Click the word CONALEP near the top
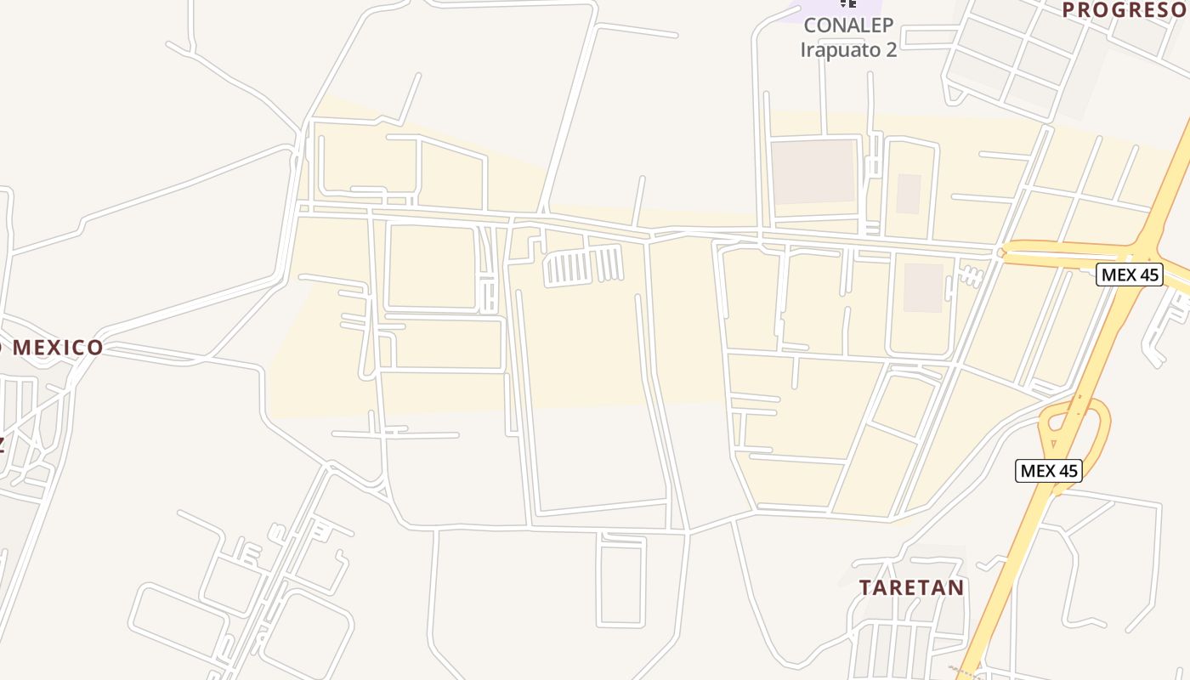pyautogui.click(x=847, y=25)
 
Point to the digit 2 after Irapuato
pyautogui.click(x=890, y=49)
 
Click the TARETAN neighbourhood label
pyautogui.click(x=911, y=587)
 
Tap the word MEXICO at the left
pyautogui.click(x=58, y=347)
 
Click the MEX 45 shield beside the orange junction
pyautogui.click(x=1129, y=275)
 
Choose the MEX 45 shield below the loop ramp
pyautogui.click(x=1049, y=471)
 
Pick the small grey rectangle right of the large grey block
pyautogui.click(x=909, y=194)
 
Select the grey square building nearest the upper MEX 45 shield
pyautogui.click(x=923, y=287)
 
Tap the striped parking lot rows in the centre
pyautogui.click(x=584, y=266)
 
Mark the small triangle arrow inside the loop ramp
pyautogui.click(x=1054, y=443)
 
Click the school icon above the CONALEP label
pyautogui.click(x=847, y=3)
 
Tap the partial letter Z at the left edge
pyautogui.click(x=3, y=443)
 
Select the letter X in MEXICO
pyautogui.click(x=59, y=347)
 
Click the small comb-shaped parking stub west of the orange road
pyautogui.click(x=970, y=275)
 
